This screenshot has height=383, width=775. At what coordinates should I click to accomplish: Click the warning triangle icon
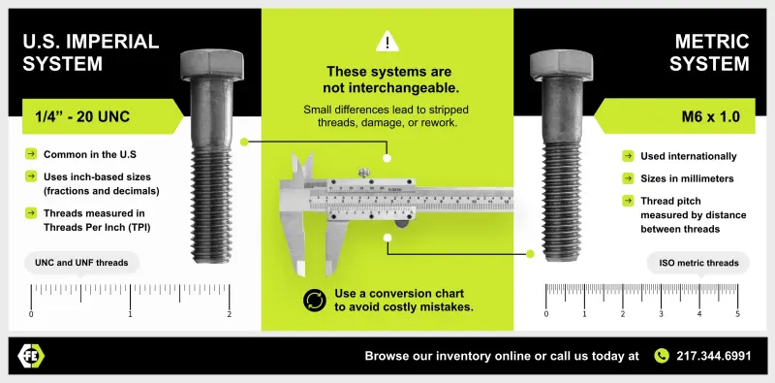click(x=387, y=42)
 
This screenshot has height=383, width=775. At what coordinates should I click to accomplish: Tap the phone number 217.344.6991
click(x=713, y=356)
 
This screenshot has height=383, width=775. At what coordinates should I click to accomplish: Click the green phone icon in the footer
click(x=662, y=356)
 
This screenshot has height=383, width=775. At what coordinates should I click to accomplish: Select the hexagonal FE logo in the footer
click(x=32, y=356)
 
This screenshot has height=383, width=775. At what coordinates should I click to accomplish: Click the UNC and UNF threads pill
click(x=81, y=262)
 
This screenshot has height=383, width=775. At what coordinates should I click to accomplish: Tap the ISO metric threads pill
click(x=698, y=262)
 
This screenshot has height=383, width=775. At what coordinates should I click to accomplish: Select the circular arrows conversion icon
click(x=314, y=300)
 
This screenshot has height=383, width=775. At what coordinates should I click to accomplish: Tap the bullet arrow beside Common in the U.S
click(x=31, y=154)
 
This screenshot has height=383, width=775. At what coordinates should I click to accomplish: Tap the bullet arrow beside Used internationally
click(x=628, y=156)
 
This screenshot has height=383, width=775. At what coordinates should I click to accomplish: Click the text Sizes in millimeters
click(x=687, y=178)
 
